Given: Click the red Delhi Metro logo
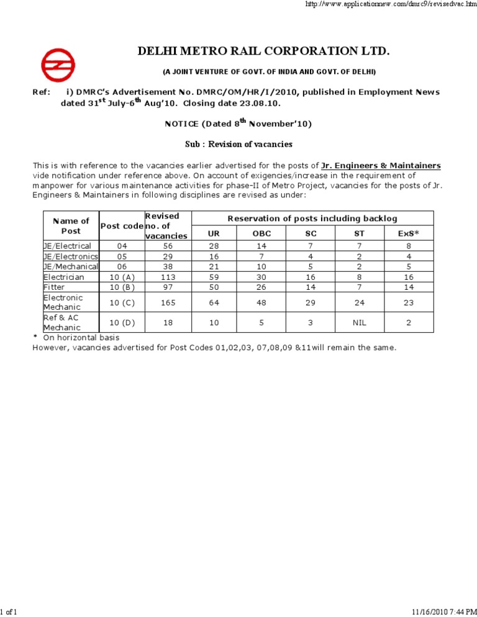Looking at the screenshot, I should pyautogui.click(x=58, y=64).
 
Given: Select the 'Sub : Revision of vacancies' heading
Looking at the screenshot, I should pyautogui.click(x=238, y=144).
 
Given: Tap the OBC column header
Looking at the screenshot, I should pyautogui.click(x=261, y=235).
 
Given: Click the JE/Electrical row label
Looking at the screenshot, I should pyautogui.click(x=67, y=246).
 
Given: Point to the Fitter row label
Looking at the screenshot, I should pyautogui.click(x=54, y=287).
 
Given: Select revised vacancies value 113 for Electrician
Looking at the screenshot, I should pyautogui.click(x=166, y=277).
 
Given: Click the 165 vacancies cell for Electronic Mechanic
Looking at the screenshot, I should pyautogui.click(x=166, y=302).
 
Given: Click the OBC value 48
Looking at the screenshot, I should pyautogui.click(x=261, y=302).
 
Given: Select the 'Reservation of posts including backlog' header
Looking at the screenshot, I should pyautogui.click(x=312, y=218).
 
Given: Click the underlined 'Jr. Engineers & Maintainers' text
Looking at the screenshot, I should pyautogui.click(x=381, y=166).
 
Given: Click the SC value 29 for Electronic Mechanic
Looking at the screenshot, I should pyautogui.click(x=311, y=302).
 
